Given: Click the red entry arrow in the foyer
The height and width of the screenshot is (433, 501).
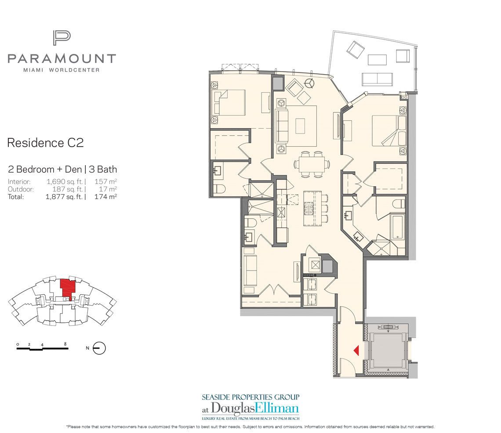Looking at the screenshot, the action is click(x=357, y=350).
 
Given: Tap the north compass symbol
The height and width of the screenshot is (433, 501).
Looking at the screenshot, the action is click(x=99, y=348).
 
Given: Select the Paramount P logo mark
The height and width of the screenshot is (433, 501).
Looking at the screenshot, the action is click(x=62, y=38).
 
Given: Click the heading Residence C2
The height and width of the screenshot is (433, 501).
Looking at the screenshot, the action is click(x=45, y=143).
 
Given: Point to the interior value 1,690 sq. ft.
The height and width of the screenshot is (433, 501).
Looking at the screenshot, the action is click(x=65, y=182).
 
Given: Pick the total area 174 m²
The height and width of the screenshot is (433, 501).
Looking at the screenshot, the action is click(x=105, y=197).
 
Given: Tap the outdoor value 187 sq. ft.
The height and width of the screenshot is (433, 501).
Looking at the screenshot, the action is click(x=68, y=189).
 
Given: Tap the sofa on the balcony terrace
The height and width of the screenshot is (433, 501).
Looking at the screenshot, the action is click(x=377, y=79).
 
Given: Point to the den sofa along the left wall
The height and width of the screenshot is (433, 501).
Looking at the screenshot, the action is click(x=250, y=274).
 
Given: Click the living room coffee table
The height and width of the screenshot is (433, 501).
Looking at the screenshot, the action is click(x=300, y=126).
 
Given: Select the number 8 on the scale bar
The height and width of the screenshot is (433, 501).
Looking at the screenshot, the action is click(x=65, y=344).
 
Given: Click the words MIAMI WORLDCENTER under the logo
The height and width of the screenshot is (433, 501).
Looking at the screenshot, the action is click(x=62, y=70).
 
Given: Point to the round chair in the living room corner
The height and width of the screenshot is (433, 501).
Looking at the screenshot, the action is click(x=309, y=83).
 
